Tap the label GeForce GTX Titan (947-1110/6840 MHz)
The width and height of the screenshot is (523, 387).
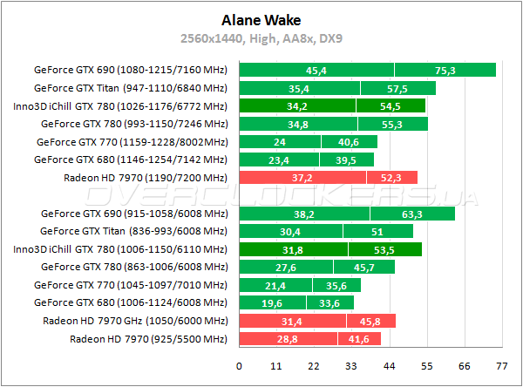pyautogui.click(x=130, y=88)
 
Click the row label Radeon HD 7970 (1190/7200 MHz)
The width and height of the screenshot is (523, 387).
pyautogui.click(x=145, y=178)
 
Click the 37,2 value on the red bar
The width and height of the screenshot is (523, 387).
pyautogui.click(x=302, y=178)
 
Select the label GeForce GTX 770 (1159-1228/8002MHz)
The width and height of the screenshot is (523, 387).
pyautogui.click(x=132, y=142)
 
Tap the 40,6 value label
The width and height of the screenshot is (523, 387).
pyautogui.click(x=348, y=142)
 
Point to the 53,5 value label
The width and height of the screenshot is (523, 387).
pyautogui.click(x=384, y=249)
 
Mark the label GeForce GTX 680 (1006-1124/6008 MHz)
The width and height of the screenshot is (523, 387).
pyautogui.click(x=130, y=302)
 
